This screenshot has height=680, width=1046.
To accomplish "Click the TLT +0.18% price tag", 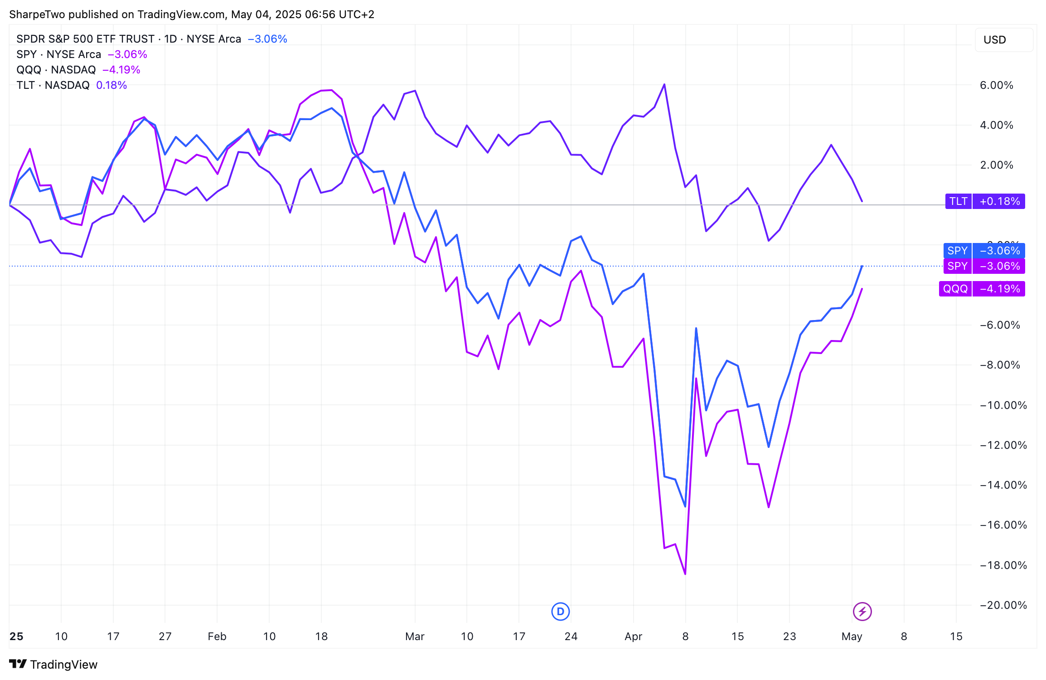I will click(985, 201).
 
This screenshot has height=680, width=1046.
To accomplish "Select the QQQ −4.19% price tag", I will click(982, 289).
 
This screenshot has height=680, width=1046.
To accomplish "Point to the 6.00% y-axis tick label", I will click(996, 85).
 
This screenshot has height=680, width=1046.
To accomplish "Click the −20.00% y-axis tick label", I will click(1003, 605).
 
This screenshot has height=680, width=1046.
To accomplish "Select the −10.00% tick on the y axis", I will click(1003, 405).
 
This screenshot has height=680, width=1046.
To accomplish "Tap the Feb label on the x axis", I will click(217, 636).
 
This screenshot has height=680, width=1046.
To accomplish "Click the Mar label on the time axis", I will click(415, 636).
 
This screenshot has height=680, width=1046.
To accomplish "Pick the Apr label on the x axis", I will click(633, 636).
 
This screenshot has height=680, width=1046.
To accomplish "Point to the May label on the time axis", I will click(852, 636).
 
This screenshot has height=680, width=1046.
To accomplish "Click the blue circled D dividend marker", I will click(561, 612).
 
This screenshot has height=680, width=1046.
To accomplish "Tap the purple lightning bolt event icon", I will click(862, 612).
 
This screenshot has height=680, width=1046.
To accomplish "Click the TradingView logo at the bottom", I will click(53, 664).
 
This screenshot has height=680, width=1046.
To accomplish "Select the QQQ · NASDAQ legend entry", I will click(56, 70).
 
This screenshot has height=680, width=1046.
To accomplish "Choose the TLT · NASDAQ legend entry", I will click(53, 85).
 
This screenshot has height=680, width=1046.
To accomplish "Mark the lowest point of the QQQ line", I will click(685, 574).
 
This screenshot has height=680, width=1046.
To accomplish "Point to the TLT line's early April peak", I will click(664, 84).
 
